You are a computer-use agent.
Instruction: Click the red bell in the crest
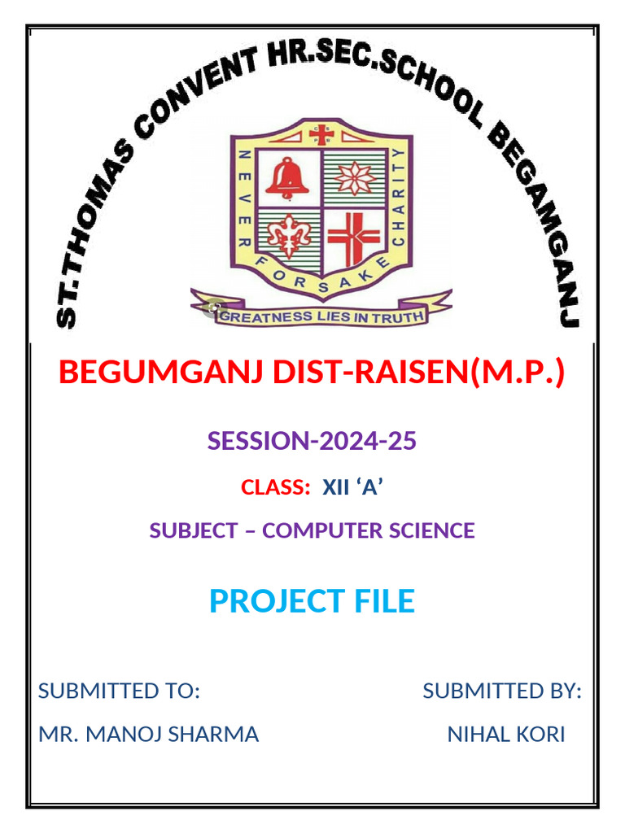(286, 178)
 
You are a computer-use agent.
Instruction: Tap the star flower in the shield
(352, 178)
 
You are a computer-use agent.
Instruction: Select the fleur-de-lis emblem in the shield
(288, 235)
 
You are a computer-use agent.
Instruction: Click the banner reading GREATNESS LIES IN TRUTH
(321, 316)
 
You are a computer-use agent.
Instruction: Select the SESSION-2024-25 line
(312, 441)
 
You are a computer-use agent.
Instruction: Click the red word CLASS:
(276, 487)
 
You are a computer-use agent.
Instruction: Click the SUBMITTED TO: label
(119, 691)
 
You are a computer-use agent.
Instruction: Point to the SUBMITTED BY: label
(501, 691)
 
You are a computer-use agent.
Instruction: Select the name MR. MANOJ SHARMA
(148, 735)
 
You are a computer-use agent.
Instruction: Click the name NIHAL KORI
(505, 735)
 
